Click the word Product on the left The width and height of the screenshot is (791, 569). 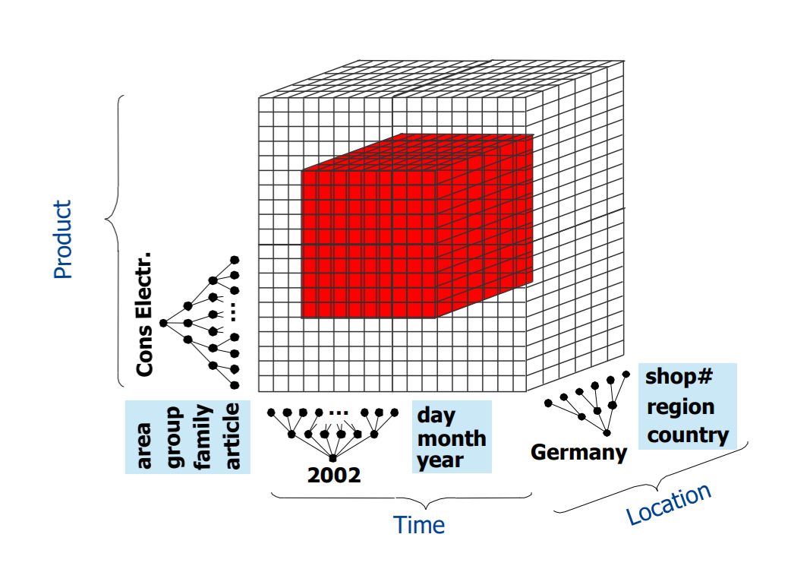pyautogui.click(x=63, y=239)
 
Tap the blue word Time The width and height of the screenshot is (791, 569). pyautogui.click(x=418, y=525)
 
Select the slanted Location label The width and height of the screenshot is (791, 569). pyautogui.click(x=669, y=503)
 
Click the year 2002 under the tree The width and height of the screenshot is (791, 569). pyautogui.click(x=334, y=476)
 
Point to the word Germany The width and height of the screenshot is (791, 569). pyautogui.click(x=578, y=453)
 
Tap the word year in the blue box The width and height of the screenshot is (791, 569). pyautogui.click(x=440, y=460)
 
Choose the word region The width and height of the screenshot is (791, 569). pyautogui.click(x=680, y=406)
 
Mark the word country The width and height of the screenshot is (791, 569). pyautogui.click(x=688, y=435)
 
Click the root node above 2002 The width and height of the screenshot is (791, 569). pyautogui.click(x=332, y=457)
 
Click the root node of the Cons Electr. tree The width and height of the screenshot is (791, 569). pyautogui.click(x=163, y=323)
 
